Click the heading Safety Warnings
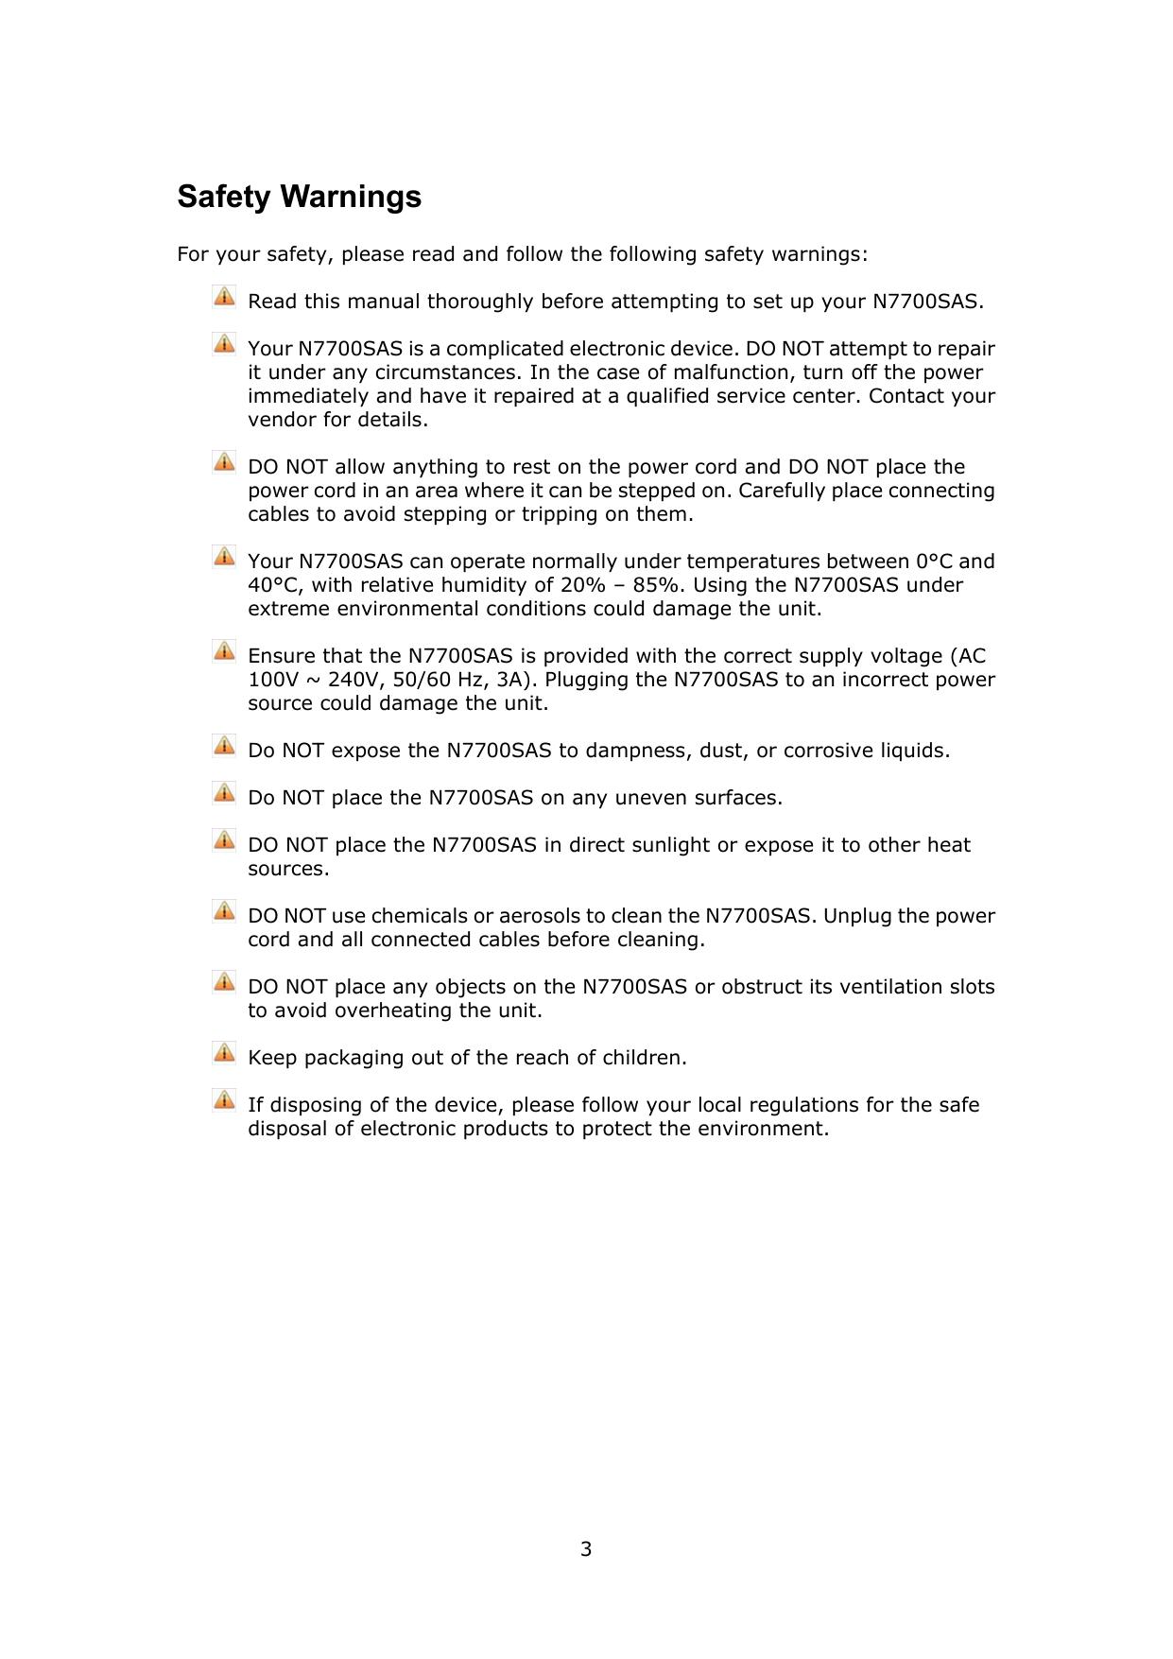(x=299, y=197)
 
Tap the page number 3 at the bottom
(x=586, y=1548)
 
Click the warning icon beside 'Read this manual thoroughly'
(x=224, y=297)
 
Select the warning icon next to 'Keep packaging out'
(x=224, y=1052)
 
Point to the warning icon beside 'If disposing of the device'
(x=224, y=1099)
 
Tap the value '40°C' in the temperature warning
(x=272, y=585)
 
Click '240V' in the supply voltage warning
(x=354, y=680)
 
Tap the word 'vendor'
(x=282, y=420)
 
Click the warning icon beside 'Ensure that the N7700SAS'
(x=224, y=651)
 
